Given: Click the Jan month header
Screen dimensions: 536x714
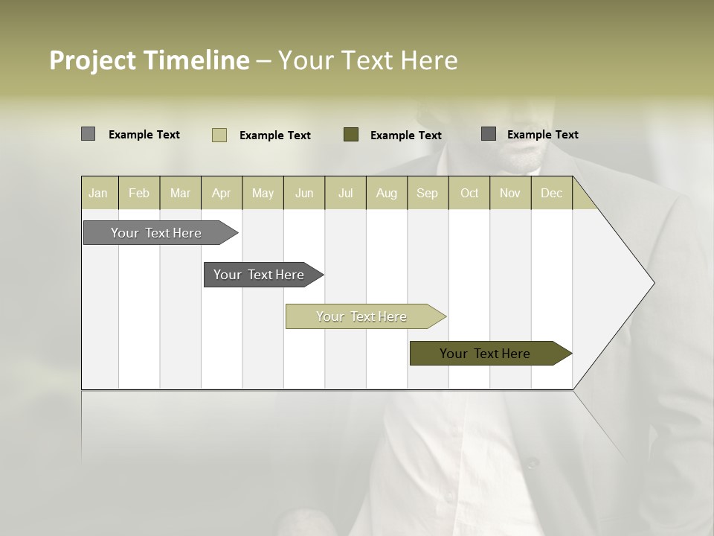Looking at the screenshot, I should pyautogui.click(x=98, y=193).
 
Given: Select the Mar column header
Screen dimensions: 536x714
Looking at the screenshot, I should pyautogui.click(x=180, y=193).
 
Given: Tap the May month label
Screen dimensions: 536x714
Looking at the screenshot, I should pyautogui.click(x=263, y=193).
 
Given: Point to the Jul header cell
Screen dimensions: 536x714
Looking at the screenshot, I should pyautogui.click(x=345, y=193).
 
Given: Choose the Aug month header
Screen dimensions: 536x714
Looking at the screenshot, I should pyautogui.click(x=386, y=193).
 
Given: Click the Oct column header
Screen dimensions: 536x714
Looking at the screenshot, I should pyautogui.click(x=469, y=193).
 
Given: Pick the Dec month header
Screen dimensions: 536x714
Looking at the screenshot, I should pyautogui.click(x=551, y=193).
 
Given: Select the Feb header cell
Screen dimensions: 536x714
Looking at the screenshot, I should pyautogui.click(x=139, y=193).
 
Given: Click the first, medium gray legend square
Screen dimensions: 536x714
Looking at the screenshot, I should pyautogui.click(x=88, y=134).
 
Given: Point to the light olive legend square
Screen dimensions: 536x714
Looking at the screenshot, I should pyautogui.click(x=219, y=135).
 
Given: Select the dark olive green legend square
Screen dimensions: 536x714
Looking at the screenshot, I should pyautogui.click(x=351, y=134).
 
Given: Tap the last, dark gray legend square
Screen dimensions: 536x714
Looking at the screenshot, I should pyautogui.click(x=489, y=134).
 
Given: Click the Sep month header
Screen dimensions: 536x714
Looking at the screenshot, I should pyautogui.click(x=427, y=193).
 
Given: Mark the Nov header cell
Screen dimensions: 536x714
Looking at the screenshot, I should pyautogui.click(x=510, y=193).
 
